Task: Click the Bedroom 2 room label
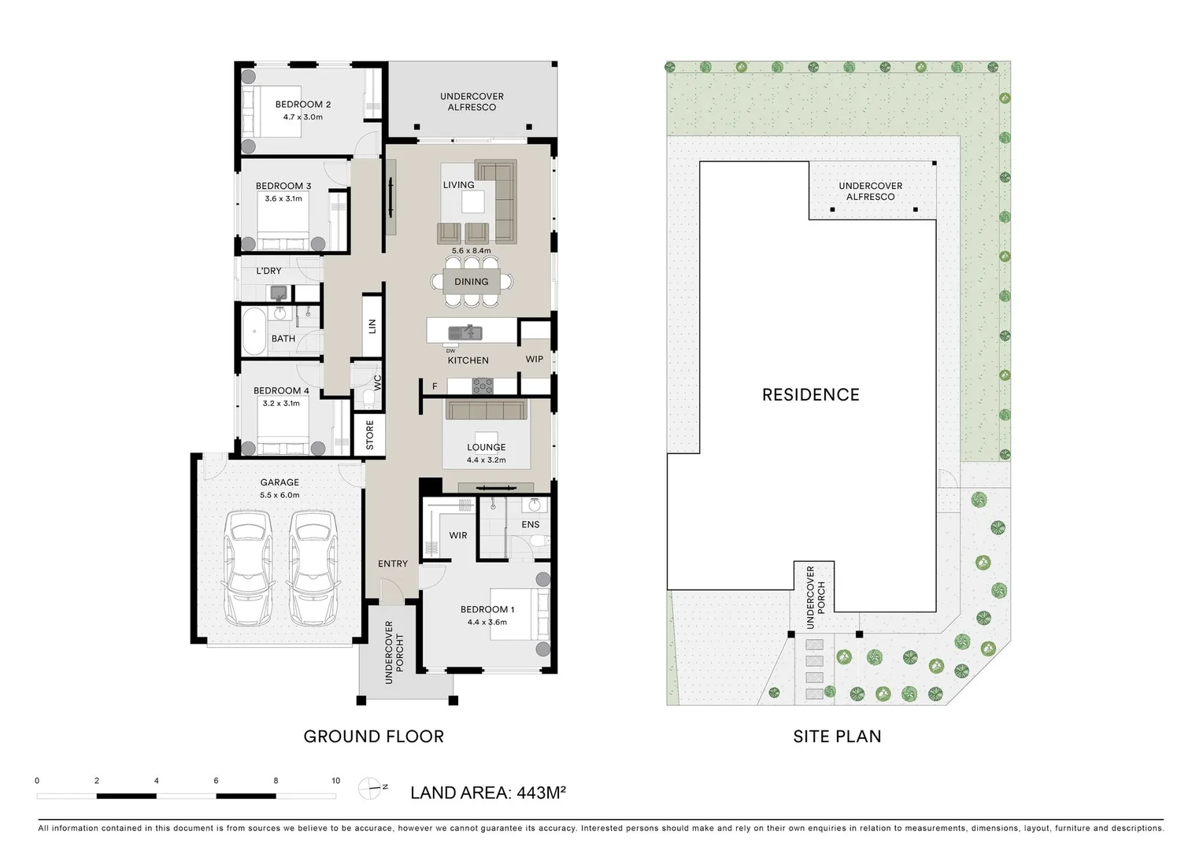tap(303, 104)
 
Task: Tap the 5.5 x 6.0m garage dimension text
tap(279, 495)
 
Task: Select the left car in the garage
tap(248, 568)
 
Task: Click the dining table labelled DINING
tap(472, 281)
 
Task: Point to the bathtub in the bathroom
tap(254, 331)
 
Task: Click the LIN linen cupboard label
tap(372, 326)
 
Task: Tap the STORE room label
tap(369, 435)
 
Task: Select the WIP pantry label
tap(535, 359)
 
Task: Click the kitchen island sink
tap(465, 333)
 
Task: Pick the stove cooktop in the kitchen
tap(483, 386)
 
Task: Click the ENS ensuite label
tap(531, 524)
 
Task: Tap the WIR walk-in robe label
tap(458, 535)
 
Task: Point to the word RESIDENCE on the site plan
tap(811, 394)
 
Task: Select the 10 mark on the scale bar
tap(335, 781)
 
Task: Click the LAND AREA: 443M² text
tap(488, 793)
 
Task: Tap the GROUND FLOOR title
tap(374, 736)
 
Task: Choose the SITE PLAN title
tap(837, 736)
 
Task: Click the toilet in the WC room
tap(368, 398)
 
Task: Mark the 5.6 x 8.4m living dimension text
tap(471, 251)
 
